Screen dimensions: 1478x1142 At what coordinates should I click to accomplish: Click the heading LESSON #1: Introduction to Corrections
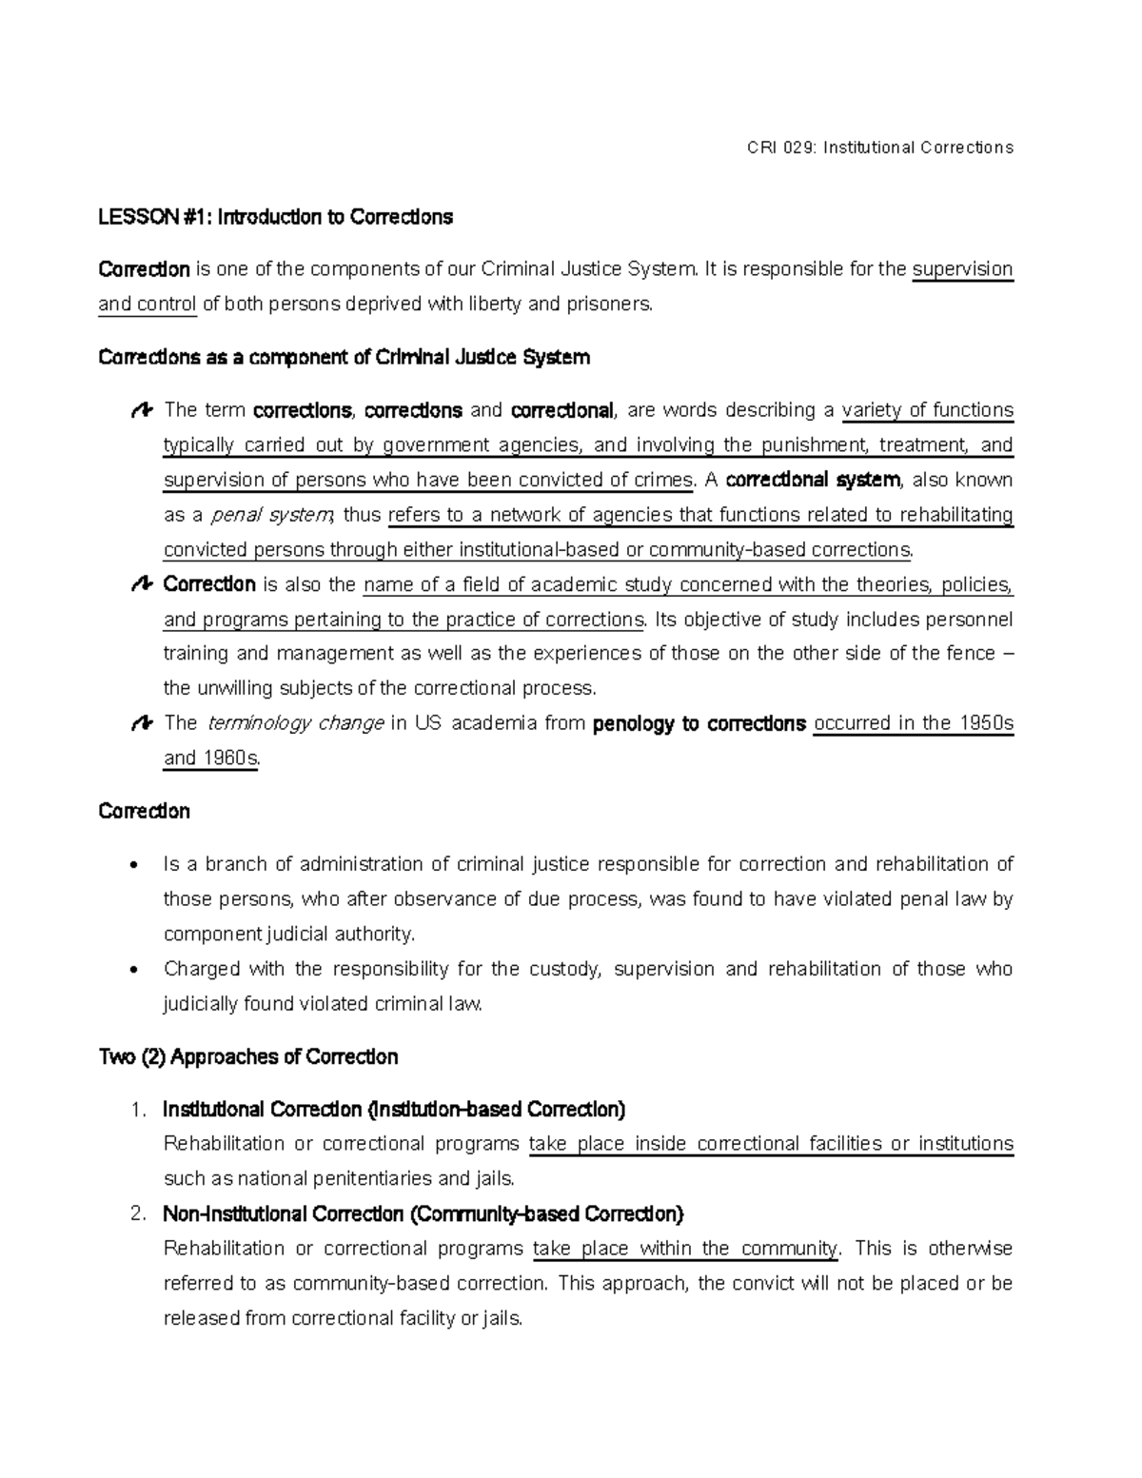tap(275, 218)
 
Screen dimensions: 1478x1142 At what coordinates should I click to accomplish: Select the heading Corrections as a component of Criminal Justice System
tap(344, 358)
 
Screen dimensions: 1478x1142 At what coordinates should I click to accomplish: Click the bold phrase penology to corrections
tap(699, 724)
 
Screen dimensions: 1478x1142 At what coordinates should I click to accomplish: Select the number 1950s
tap(985, 723)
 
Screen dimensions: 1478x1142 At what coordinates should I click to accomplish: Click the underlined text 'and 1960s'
tap(210, 759)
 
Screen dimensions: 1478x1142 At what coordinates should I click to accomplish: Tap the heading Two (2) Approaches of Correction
tap(247, 1057)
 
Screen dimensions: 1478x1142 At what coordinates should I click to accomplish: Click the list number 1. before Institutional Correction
tap(139, 1110)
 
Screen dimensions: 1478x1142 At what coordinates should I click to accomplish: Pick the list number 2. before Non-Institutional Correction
tap(139, 1214)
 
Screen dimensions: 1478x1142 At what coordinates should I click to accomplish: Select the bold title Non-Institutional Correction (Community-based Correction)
tap(423, 1214)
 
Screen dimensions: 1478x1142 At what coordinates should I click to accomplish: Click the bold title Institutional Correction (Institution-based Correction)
tap(394, 1110)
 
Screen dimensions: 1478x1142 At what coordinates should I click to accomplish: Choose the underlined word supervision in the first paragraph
tap(962, 269)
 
